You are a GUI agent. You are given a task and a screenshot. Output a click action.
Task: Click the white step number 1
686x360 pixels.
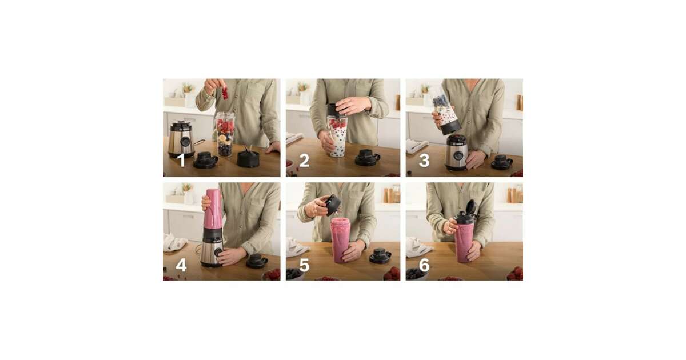pos(182,160)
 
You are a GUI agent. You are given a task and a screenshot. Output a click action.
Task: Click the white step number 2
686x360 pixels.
pos(304,161)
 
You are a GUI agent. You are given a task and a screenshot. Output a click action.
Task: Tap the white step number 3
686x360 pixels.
pos(424,161)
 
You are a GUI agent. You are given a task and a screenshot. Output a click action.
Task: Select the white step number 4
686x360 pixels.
pos(181,265)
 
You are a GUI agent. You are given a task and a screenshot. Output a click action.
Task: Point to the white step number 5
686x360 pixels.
pos(304,265)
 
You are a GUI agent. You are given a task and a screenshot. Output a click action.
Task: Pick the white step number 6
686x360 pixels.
pos(424,265)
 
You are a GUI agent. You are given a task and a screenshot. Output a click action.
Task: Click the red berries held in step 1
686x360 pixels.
pos(225,93)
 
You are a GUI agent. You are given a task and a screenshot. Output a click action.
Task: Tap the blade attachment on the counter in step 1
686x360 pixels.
pos(248,158)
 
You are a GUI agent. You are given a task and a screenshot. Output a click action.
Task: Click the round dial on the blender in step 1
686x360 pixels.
pos(185,141)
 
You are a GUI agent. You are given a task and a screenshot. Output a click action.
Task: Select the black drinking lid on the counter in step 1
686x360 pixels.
pos(205,161)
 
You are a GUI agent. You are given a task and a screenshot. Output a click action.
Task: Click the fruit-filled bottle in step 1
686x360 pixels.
pos(225,134)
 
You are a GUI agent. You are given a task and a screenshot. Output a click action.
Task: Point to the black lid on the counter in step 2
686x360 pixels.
pos(367,158)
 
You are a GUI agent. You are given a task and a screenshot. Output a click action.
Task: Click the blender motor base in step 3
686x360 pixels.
pos(457,153)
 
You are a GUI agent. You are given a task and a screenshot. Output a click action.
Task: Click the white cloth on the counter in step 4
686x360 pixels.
pos(174,242)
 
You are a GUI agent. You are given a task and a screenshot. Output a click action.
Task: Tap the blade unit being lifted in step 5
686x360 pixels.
pos(333,205)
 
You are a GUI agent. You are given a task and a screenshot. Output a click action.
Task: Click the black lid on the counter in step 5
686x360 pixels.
pos(380,255)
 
